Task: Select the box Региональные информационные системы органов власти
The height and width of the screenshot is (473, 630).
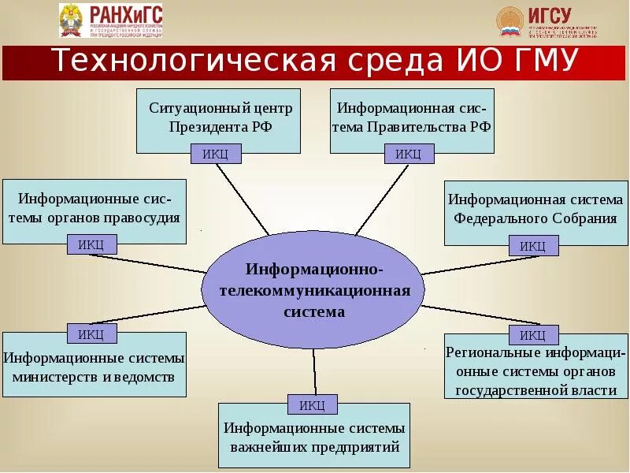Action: point(535,369)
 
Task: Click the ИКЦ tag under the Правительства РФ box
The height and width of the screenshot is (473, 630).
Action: point(408,154)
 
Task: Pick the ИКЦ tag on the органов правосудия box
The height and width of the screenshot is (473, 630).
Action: point(91,244)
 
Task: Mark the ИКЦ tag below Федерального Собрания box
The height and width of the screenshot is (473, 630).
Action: point(533,246)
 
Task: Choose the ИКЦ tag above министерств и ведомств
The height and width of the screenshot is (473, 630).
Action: point(91,333)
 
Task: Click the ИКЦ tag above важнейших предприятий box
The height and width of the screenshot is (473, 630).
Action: point(313,405)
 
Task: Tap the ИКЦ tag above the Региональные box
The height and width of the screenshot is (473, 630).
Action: point(533,335)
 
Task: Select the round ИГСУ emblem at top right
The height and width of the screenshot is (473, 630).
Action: point(510,21)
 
